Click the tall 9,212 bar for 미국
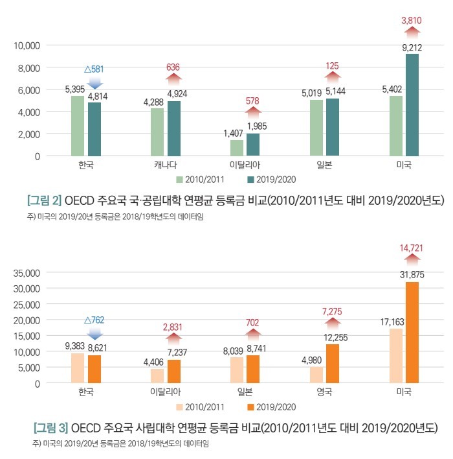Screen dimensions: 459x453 (x=412, y=105)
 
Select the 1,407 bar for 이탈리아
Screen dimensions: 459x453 (x=237, y=148)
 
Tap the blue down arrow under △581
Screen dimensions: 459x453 (x=94, y=83)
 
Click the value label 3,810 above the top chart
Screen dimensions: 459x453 (x=412, y=21)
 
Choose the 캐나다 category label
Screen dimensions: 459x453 (x=165, y=165)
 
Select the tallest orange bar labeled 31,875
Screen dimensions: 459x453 (x=412, y=333)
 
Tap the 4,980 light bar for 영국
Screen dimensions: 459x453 (x=316, y=375)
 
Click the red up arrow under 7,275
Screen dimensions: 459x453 (x=333, y=323)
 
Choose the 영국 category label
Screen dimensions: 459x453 (x=324, y=393)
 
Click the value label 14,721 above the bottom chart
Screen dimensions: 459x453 (x=412, y=248)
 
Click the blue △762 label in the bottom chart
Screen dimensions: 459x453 (x=94, y=320)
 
